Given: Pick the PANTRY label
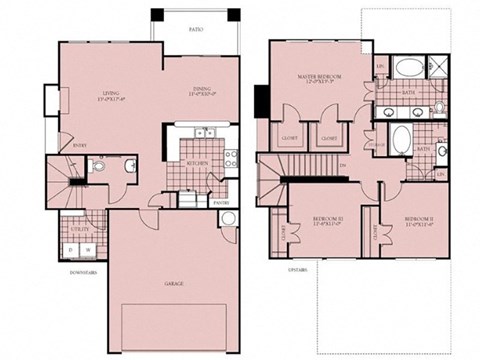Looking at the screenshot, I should (222, 203).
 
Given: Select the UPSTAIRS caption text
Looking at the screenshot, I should (296, 269).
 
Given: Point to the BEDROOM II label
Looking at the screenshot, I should (419, 221).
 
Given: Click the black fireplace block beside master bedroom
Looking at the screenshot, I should (262, 100).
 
